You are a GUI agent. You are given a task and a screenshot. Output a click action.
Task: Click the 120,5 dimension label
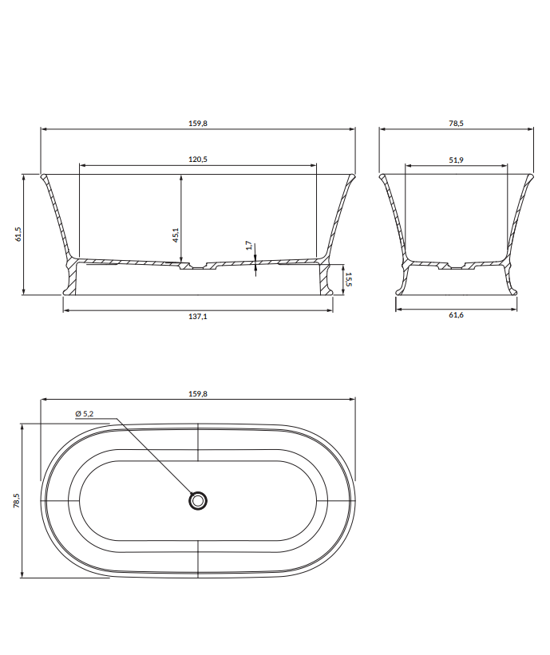click(x=198, y=159)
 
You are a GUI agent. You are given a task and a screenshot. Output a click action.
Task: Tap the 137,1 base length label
click(x=198, y=316)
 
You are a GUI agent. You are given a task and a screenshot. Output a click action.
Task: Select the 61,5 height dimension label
click(x=18, y=235)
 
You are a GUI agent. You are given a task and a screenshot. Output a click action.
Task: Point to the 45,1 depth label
click(x=176, y=235)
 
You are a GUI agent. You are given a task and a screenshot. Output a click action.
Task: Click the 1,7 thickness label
click(x=249, y=245)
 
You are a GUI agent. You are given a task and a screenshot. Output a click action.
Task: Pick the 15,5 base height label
click(x=349, y=279)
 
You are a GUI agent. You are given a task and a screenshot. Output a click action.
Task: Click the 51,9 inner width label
click(x=456, y=160)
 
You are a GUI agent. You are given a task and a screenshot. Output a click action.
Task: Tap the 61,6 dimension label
click(x=456, y=315)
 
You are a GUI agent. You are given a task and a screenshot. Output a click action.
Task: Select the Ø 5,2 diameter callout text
click(x=85, y=413)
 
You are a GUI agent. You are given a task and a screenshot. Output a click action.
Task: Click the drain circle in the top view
click(x=198, y=500)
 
